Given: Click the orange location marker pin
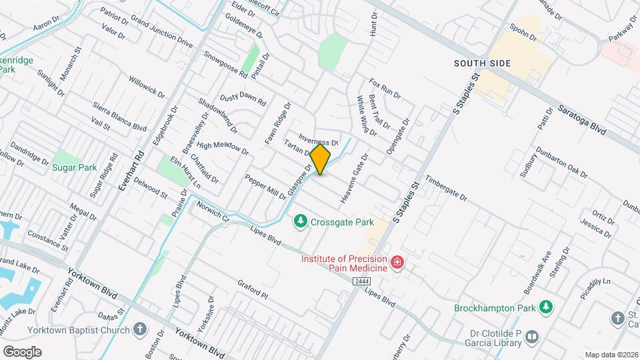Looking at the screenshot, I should tap(321, 159).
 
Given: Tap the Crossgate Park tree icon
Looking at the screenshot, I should tap(301, 221).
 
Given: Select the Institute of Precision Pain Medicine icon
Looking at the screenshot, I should tap(397, 263).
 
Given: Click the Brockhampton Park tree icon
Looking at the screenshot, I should tap(546, 307).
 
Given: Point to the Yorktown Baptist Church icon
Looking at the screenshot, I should tap(140, 329).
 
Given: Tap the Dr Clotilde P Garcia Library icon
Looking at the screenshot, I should tap(531, 336).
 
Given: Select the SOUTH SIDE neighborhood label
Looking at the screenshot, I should tap(482, 63).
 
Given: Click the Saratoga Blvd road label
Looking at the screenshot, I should tap(582, 120).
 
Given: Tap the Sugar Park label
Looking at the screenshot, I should tap(75, 168).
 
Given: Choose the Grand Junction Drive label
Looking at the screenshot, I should tap(162, 35).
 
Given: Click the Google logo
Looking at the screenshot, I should tap(22, 351).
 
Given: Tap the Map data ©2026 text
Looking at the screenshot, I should tap(611, 355).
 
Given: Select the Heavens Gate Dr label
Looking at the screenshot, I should tap(354, 179).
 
